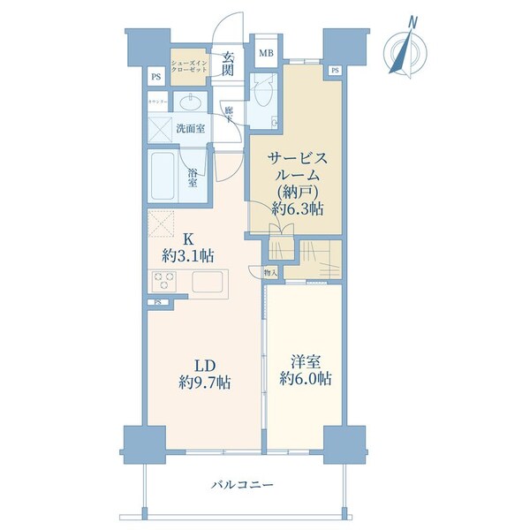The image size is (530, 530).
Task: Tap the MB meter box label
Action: pyautogui.click(x=265, y=52)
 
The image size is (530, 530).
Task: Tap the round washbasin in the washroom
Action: pyautogui.click(x=188, y=102)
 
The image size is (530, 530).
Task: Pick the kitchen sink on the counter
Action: pyautogui.click(x=210, y=284)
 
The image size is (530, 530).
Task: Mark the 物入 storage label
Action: pyautogui.click(x=270, y=274)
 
